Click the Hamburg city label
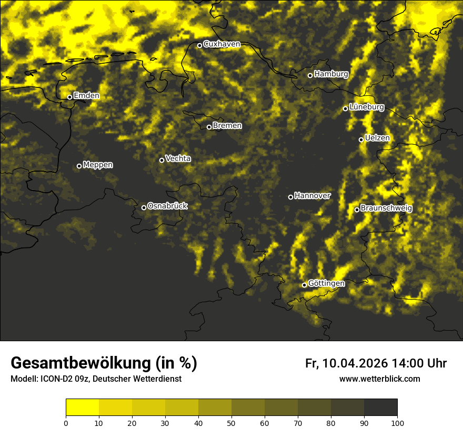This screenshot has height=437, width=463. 331,74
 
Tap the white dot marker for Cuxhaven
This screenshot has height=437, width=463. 199,45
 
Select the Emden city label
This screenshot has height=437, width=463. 86,96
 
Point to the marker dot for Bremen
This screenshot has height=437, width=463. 209,127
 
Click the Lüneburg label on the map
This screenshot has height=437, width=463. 367,107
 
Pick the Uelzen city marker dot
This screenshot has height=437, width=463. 361,140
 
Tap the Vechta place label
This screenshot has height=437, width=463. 178,158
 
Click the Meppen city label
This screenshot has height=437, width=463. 98,165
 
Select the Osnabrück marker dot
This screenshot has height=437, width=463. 144,207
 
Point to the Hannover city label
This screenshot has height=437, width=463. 313,196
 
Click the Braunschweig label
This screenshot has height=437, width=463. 386,208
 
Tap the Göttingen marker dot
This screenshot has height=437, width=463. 304,285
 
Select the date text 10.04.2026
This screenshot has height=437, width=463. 355,363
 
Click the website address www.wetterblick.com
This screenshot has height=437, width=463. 379,379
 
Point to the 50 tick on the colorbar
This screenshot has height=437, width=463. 231,422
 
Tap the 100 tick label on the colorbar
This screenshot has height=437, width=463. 397,422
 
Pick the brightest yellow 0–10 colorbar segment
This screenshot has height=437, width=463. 82,408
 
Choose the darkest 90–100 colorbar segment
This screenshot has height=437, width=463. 380,408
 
